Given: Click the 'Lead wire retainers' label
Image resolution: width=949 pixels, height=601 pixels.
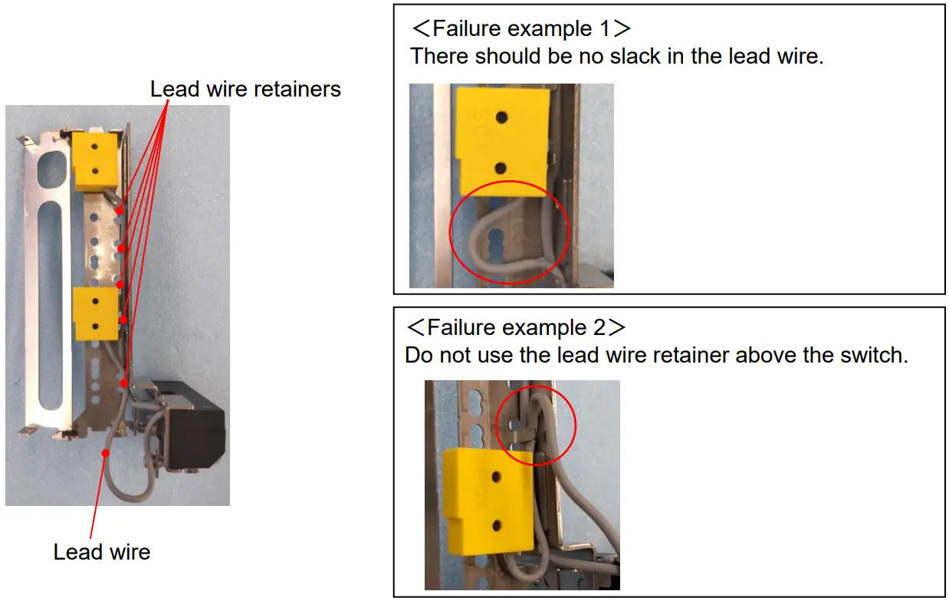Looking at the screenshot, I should [x=245, y=90].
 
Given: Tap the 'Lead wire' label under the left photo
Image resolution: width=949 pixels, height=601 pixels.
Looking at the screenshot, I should [x=101, y=552].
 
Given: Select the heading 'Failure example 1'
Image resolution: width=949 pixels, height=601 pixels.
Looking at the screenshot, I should [x=521, y=29].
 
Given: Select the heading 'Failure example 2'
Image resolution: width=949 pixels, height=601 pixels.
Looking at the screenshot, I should [x=516, y=328].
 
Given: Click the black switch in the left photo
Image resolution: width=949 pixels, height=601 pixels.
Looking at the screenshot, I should [x=195, y=437].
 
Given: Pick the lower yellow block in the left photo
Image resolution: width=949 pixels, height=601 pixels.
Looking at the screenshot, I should [x=95, y=313].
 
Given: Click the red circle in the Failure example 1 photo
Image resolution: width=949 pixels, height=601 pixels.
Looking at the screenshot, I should [x=510, y=232].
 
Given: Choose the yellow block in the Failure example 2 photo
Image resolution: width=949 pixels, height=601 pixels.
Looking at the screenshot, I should [x=488, y=502].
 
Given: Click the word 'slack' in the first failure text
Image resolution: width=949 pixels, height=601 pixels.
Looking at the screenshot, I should [x=629, y=57].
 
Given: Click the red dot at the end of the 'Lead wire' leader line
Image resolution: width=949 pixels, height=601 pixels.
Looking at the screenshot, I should [x=107, y=453].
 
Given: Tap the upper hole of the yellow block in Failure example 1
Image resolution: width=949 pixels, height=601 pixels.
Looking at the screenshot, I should [x=501, y=117].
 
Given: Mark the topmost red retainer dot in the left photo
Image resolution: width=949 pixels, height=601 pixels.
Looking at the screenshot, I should [x=120, y=209].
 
